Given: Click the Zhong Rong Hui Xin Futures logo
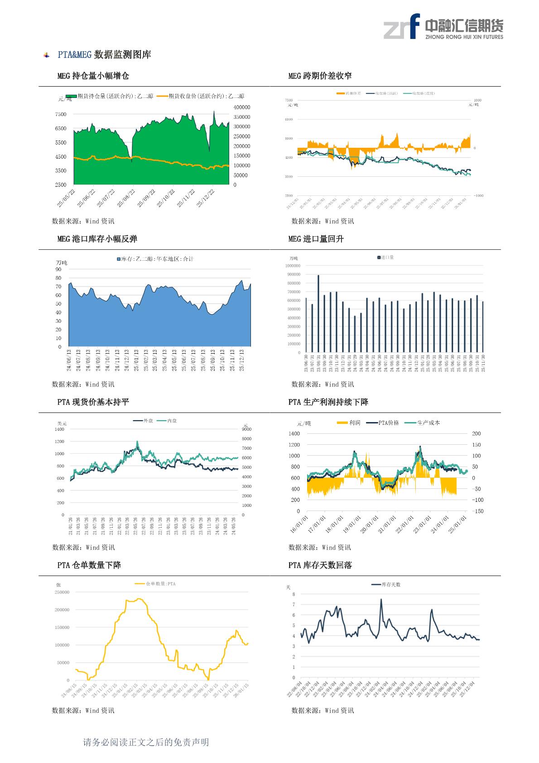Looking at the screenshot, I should tap(443, 26).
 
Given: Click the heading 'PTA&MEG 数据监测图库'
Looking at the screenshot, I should tap(104, 55).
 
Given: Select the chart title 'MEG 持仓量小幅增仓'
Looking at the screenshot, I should tap(93, 76).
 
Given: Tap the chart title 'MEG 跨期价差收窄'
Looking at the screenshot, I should tap(320, 76).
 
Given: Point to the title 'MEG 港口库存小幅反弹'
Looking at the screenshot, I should tap(97, 239).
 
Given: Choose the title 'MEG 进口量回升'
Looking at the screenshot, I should tap(316, 239).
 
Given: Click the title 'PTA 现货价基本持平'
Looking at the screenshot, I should tap(93, 402).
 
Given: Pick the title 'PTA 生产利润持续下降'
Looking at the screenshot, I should tap(328, 402).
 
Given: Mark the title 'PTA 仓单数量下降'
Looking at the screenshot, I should tap(89, 565).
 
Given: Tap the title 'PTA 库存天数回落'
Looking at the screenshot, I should tap(320, 565).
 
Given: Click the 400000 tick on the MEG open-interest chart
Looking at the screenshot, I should tap(242, 107).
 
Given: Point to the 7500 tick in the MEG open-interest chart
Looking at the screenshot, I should tap(61, 115).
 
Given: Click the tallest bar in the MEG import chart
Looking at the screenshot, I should tap(318, 314).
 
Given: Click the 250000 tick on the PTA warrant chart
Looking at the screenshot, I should tap(62, 592).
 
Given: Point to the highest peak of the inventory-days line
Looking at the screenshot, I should tap(381, 599).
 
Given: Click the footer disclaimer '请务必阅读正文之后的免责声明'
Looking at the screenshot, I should tap(146, 742).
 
